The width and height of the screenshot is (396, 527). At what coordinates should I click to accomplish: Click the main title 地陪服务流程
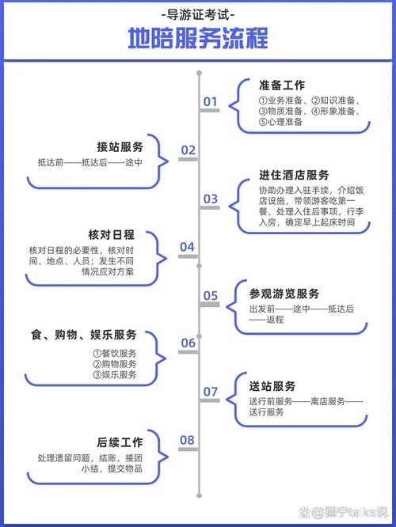198,38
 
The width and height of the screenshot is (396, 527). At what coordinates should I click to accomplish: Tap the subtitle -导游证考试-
198,14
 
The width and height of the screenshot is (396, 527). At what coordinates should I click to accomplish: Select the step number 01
211,101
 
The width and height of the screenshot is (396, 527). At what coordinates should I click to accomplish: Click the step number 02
188,150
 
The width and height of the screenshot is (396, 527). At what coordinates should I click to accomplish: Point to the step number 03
211,199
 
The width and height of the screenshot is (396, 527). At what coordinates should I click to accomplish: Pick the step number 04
187,247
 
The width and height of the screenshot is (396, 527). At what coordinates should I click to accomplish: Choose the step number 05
211,296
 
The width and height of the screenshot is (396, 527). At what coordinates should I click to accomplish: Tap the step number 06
188,343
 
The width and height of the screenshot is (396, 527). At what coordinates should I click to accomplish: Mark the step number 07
211,392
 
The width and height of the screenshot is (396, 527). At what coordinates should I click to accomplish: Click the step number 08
187,440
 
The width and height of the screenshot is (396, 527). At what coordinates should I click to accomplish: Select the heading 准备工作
282,85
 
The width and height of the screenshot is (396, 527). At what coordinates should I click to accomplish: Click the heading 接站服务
120,147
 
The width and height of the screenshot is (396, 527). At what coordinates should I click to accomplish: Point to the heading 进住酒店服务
294,175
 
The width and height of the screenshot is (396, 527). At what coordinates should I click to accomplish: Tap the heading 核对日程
112,234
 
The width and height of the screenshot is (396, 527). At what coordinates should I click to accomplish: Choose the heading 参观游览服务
284,294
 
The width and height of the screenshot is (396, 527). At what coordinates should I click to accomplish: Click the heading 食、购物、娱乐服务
84,335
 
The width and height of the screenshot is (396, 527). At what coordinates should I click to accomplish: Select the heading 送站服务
272,386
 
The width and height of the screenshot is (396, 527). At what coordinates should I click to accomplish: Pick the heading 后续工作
120,442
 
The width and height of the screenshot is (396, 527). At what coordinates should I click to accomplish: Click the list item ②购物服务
115,364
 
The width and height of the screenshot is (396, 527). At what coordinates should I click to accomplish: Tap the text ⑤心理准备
280,122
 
